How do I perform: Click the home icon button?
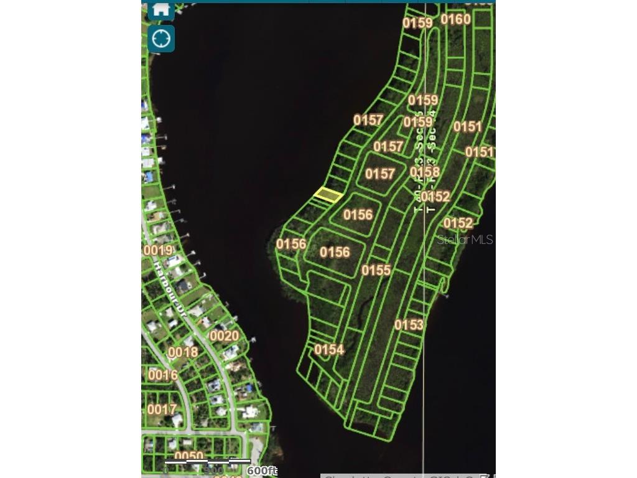tap(161, 9)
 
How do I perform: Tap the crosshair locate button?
tap(161, 39)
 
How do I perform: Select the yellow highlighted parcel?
tap(328, 195)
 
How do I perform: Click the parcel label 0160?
tap(455, 19)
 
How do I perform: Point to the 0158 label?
tap(425, 172)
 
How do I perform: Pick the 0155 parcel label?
tap(376, 270)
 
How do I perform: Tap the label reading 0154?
tap(329, 350)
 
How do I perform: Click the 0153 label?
tap(409, 325)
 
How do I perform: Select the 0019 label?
tap(158, 251)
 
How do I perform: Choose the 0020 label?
tap(224, 336)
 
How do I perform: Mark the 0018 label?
tap(183, 352)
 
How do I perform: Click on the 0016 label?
tap(163, 375)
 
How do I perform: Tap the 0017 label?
tap(162, 410)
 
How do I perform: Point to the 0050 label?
tap(188, 457)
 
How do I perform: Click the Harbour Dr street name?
tap(170, 287)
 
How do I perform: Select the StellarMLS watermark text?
tap(465, 240)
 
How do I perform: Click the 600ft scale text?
tap(261, 471)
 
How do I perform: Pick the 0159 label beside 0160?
tap(417, 23)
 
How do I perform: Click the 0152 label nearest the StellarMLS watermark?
tap(458, 223)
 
